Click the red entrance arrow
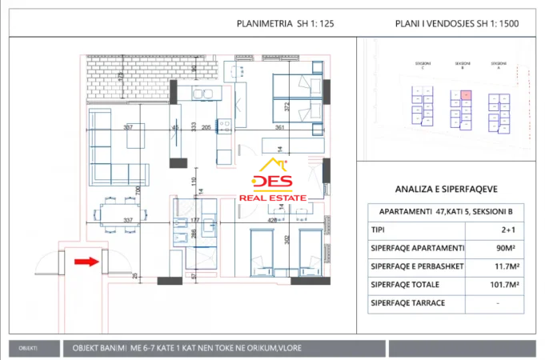86,260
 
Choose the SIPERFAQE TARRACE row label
408,303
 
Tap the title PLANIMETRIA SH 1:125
285,24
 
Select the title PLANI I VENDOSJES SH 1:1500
457,24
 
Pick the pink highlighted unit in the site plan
467,95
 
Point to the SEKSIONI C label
425,63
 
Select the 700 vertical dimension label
138,190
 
